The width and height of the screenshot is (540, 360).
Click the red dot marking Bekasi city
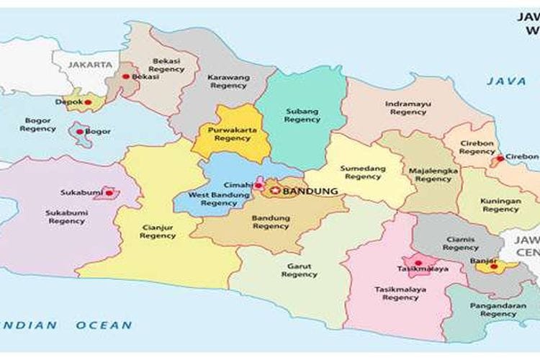coord(126,76)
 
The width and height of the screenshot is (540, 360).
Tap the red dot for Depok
coord(89,102)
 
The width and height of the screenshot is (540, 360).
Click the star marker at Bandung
coord(275,191)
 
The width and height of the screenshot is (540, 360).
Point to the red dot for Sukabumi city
coord(109,193)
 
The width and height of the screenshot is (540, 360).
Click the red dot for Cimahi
coord(256,185)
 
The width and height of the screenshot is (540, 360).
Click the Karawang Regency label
coord(228,81)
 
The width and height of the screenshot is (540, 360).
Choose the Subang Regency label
coord(302,115)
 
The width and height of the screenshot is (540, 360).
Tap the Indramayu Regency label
coord(408,107)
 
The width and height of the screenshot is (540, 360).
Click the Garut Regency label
coord(300,269)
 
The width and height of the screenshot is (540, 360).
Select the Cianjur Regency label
coord(158,230)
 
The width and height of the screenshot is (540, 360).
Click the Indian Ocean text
coord(68,325)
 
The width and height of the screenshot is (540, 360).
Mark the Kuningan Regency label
coord(501,205)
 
